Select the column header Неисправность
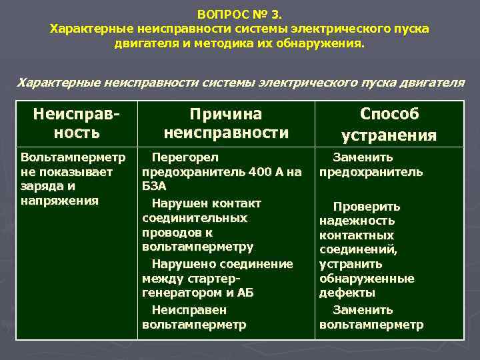tap(76, 123)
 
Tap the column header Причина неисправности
tap(226, 123)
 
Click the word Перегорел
tap(185, 157)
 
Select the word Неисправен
tap(189, 310)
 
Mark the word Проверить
tap(367, 207)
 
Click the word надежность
tap(357, 221)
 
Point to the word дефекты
tap(347, 293)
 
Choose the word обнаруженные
tap(367, 279)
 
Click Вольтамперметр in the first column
tap(73, 157)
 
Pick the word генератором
tap(179, 293)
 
